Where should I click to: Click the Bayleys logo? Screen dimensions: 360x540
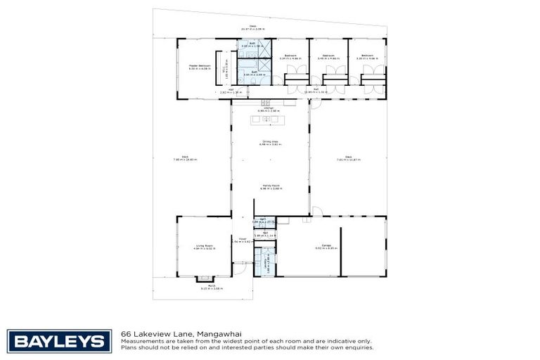point(59,341)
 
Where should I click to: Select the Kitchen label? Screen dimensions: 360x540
point(269,108)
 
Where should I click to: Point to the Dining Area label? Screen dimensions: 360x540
point(269,142)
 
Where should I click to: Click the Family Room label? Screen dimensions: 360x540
point(270,186)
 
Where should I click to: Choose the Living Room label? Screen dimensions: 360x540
point(205,245)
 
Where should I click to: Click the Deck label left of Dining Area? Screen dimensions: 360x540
point(185,157)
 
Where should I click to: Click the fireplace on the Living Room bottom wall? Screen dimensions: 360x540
point(204,277)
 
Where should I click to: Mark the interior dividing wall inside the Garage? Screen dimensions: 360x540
point(341,246)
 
